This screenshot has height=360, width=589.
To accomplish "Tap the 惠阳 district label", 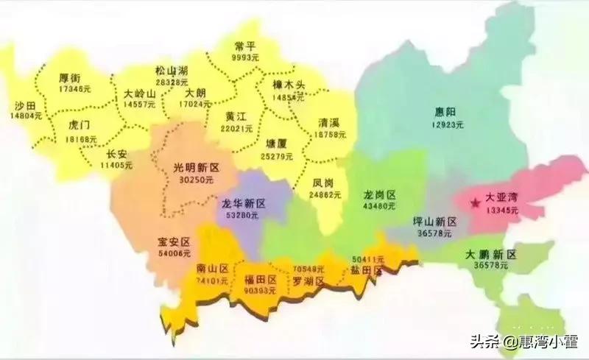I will tap(445, 112).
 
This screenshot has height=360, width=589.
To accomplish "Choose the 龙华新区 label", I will tap(244, 203).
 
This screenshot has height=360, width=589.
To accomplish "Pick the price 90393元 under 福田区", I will tap(262, 292).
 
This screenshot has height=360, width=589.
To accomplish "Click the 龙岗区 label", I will tap(379, 195).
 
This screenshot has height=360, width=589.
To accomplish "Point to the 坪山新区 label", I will tap(435, 222).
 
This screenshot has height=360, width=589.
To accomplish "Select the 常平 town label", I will tap(244, 44).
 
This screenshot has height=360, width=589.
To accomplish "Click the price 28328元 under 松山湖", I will tap(172, 82).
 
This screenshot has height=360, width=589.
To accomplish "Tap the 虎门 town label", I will tap(80, 124).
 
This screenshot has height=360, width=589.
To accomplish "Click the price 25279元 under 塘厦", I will tap(277, 156).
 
